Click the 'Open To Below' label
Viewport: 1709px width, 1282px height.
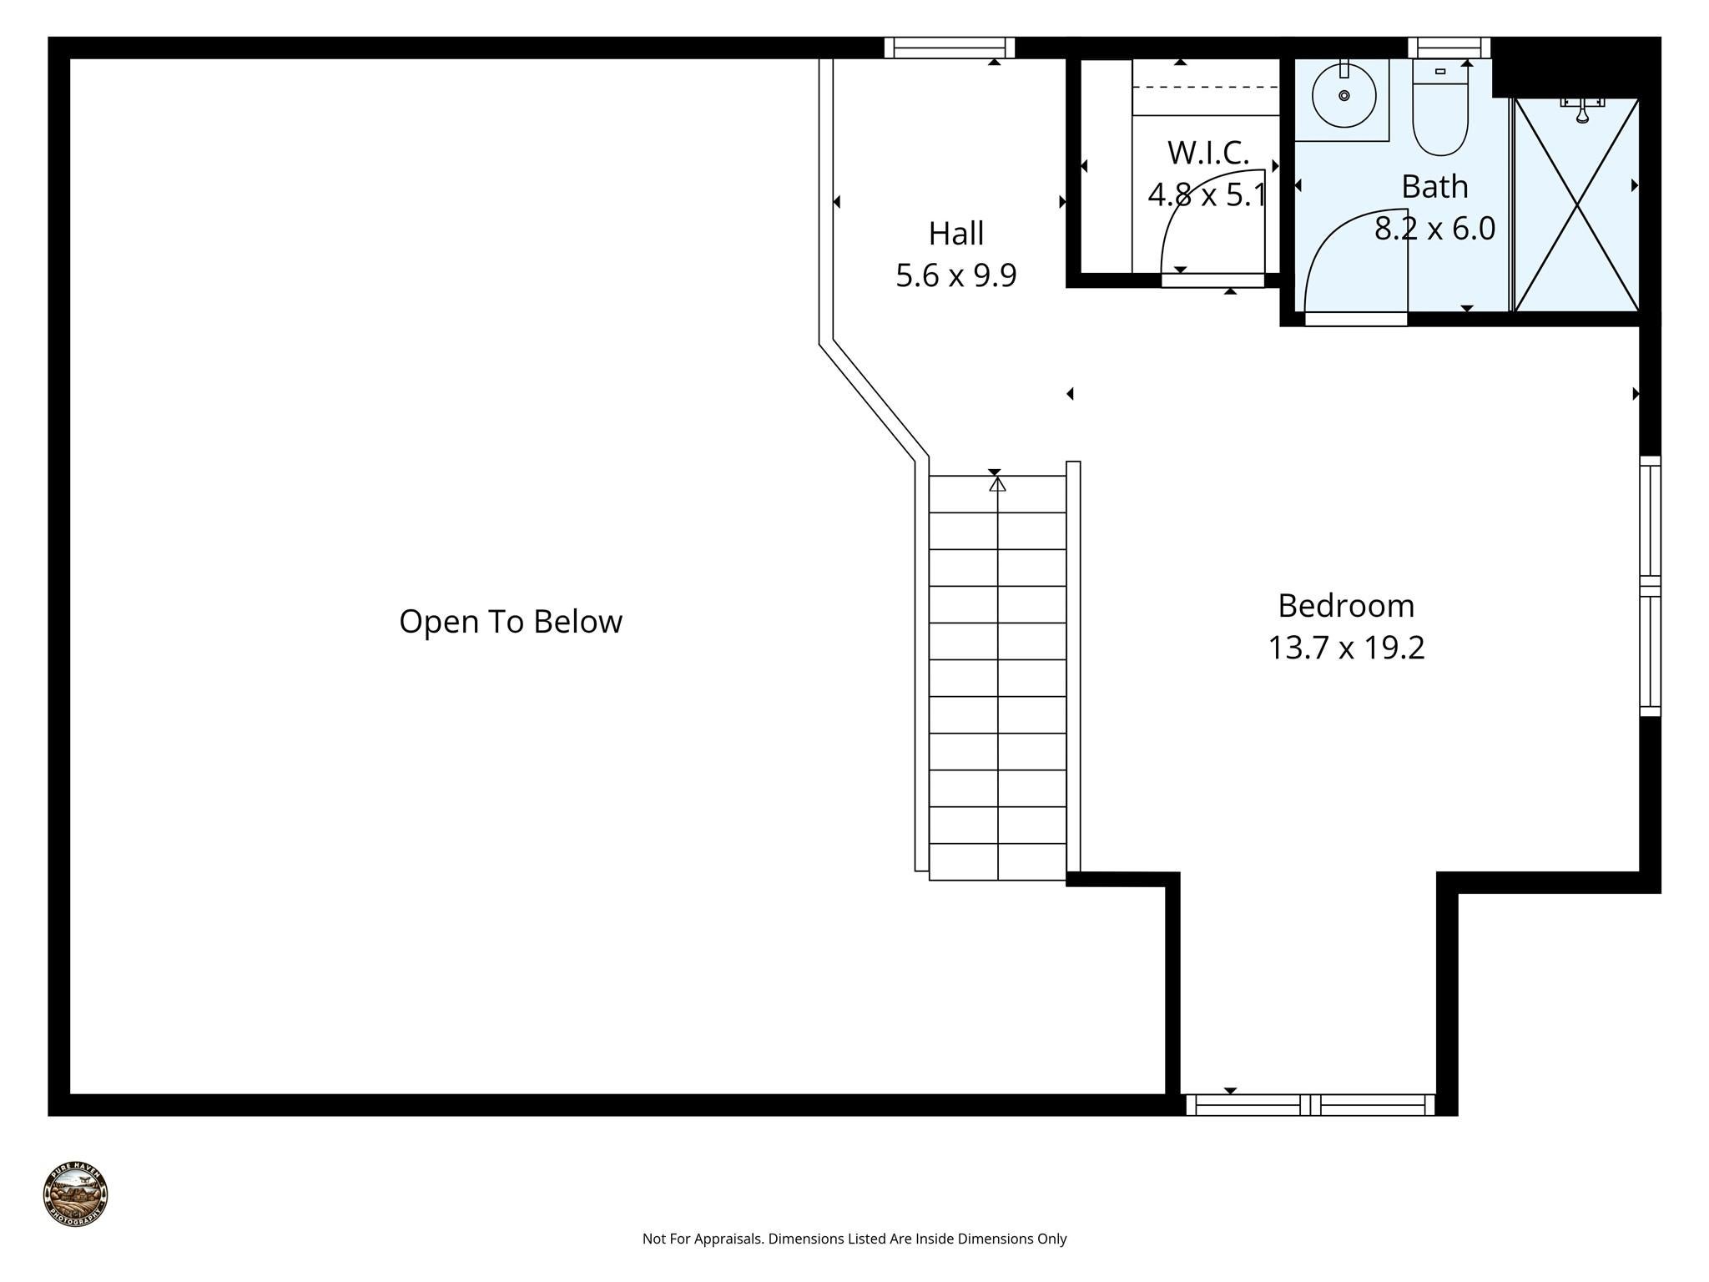click(510, 622)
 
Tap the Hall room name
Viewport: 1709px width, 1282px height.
click(955, 234)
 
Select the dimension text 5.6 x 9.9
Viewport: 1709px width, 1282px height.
click(955, 275)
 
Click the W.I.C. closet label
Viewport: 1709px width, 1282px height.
click(1207, 153)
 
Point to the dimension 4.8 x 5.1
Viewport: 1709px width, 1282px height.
click(1207, 195)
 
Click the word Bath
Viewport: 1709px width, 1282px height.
click(1434, 186)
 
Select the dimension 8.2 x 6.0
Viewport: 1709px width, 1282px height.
click(1434, 228)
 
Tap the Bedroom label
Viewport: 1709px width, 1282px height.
click(1345, 606)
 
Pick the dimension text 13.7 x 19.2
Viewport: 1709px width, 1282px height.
click(1345, 648)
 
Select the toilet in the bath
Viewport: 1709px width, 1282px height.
click(1439, 113)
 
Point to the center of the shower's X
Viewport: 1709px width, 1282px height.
click(1576, 205)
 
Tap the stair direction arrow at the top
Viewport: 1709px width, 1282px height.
click(997, 483)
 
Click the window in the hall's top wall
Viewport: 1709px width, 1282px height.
click(949, 48)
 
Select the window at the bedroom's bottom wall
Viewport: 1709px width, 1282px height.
click(1309, 1104)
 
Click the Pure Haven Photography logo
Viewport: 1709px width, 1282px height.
click(75, 1194)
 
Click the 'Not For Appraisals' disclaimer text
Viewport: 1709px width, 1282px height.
click(854, 1239)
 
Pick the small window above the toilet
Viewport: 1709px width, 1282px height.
click(1449, 48)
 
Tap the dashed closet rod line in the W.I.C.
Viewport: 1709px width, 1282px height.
click(1206, 87)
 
